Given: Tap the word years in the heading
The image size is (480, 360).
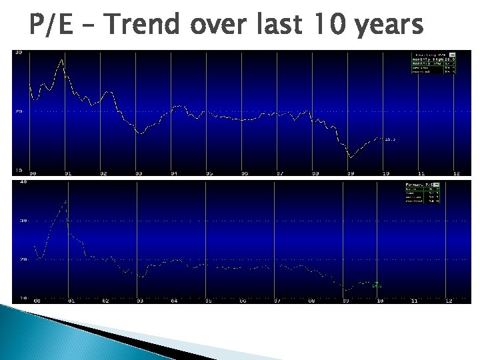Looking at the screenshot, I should (x=390, y=27).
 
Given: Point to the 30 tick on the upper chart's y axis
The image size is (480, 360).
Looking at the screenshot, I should (x=19, y=52).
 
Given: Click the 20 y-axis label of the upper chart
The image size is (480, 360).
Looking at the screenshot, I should (x=19, y=111).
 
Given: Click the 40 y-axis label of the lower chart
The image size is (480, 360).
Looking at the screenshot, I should (x=23, y=181).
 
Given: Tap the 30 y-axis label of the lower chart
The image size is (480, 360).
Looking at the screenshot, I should (x=23, y=220).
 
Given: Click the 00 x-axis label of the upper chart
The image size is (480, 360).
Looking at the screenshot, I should (x=33, y=173).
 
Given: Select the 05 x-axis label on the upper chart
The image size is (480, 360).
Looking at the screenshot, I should (x=209, y=173).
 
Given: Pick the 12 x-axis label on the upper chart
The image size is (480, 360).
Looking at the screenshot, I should (x=456, y=173).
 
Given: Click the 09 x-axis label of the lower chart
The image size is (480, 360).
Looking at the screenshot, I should (x=345, y=301).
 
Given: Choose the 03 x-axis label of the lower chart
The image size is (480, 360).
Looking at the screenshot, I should (x=139, y=301).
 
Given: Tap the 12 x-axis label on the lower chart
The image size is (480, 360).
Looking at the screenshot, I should (x=449, y=301).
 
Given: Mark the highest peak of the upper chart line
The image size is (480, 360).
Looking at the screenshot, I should (x=61, y=60).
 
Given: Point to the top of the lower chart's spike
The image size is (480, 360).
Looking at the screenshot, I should (x=65, y=201).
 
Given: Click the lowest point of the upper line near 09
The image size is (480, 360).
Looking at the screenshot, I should (x=350, y=157).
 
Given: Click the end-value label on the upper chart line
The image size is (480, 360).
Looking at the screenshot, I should (x=390, y=139).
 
